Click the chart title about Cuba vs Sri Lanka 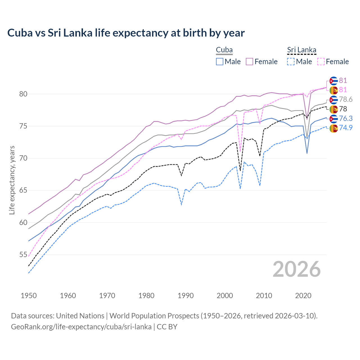click(x=126, y=33)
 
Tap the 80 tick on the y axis click(x=23, y=94)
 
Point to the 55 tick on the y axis click(x=23, y=255)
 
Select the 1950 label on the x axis click(x=29, y=296)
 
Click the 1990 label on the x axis click(x=186, y=296)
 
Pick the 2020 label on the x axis click(x=303, y=296)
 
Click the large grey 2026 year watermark click(x=297, y=269)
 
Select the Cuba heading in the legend click(x=224, y=50)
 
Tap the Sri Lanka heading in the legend click(x=301, y=50)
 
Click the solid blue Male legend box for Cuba click(x=220, y=62)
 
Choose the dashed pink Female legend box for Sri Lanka click(x=321, y=62)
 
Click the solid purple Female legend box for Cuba click(x=249, y=62)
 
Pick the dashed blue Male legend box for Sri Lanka click(x=291, y=62)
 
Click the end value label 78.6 click(x=346, y=100)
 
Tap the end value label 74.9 click(x=346, y=128)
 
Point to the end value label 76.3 click(x=346, y=118)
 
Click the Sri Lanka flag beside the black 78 click(x=334, y=109)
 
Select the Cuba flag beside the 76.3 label click(x=334, y=119)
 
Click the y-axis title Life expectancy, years click(x=12, y=180)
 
